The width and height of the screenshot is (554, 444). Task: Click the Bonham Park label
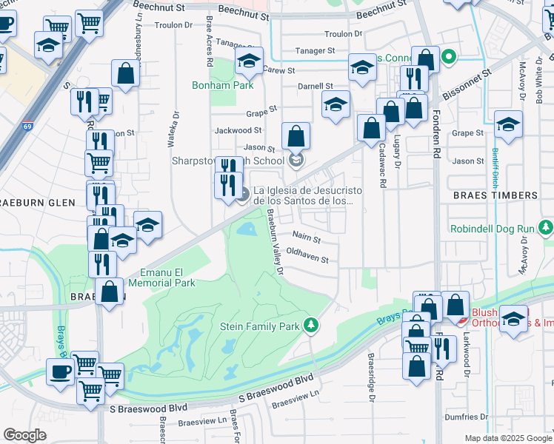(x=223, y=85)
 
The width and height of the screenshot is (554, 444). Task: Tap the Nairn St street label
(x=306, y=239)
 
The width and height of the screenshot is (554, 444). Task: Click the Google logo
(x=24, y=435)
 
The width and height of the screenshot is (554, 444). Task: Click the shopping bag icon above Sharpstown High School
(x=296, y=135)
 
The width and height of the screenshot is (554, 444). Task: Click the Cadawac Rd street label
(x=382, y=164)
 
